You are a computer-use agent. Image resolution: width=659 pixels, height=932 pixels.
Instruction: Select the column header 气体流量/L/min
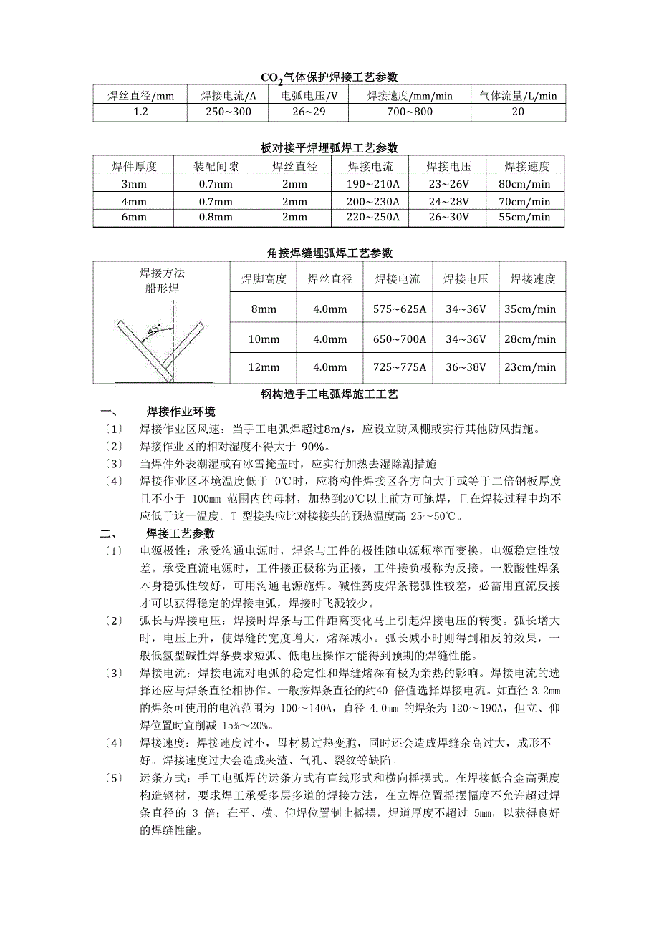(x=517, y=95)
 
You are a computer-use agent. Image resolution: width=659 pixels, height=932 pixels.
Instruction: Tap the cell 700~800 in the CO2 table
(x=409, y=112)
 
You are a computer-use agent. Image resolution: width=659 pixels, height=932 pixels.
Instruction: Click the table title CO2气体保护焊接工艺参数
(x=329, y=77)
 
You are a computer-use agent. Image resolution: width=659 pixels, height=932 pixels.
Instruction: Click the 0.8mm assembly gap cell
(x=216, y=218)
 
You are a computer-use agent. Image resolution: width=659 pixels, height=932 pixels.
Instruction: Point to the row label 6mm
(x=134, y=218)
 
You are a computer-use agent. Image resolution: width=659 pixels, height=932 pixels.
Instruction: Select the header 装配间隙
(x=216, y=167)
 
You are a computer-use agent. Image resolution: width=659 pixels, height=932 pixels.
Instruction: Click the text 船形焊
(x=162, y=288)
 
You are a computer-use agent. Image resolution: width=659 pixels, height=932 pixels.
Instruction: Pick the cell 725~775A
(x=400, y=368)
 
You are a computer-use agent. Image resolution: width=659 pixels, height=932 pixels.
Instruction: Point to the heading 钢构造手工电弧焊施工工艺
(x=329, y=394)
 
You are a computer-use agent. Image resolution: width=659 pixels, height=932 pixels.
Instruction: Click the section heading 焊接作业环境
(x=181, y=412)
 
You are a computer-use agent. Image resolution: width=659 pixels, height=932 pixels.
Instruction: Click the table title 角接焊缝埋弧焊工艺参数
(x=329, y=253)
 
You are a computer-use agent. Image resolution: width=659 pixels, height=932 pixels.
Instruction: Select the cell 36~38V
(x=465, y=368)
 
